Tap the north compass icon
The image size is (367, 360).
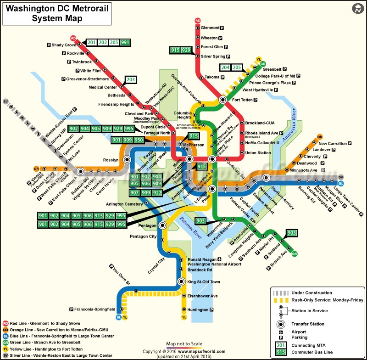(357, 9)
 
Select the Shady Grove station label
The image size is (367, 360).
(64, 45)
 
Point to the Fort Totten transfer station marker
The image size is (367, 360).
(223, 100)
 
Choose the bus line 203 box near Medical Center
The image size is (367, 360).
(131, 79)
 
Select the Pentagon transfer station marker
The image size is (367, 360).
(162, 225)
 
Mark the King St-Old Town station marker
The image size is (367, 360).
(181, 281)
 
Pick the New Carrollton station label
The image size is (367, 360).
(332, 144)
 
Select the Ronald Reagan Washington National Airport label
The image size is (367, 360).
(214, 262)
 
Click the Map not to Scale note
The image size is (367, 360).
(183, 344)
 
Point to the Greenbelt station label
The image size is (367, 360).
(272, 69)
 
